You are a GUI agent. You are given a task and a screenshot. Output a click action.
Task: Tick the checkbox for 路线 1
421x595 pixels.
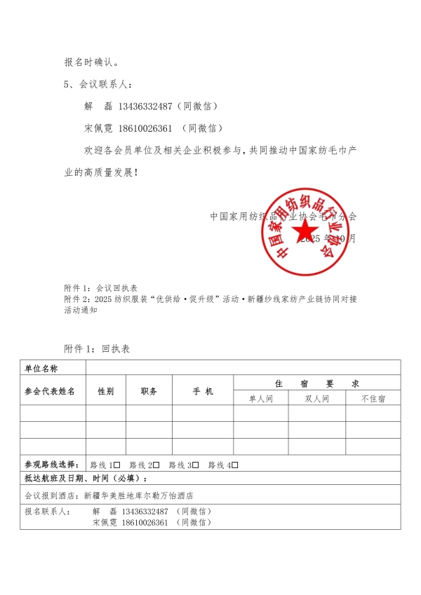coord(117,465)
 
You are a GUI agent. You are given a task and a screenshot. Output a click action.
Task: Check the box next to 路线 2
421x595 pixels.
coord(156,465)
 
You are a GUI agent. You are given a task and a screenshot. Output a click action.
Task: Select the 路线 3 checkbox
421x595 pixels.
coord(196,465)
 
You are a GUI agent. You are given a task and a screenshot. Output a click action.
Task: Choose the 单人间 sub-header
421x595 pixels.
coord(261,399)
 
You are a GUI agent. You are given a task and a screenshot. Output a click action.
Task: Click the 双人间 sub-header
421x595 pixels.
coord(316,399)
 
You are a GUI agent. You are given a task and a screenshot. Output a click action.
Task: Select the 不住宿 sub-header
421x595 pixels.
coord(373,399)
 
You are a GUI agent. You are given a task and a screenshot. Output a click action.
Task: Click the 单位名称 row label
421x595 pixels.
coord(41,368)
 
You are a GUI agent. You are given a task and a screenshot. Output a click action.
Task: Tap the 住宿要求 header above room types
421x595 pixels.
coord(316,383)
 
